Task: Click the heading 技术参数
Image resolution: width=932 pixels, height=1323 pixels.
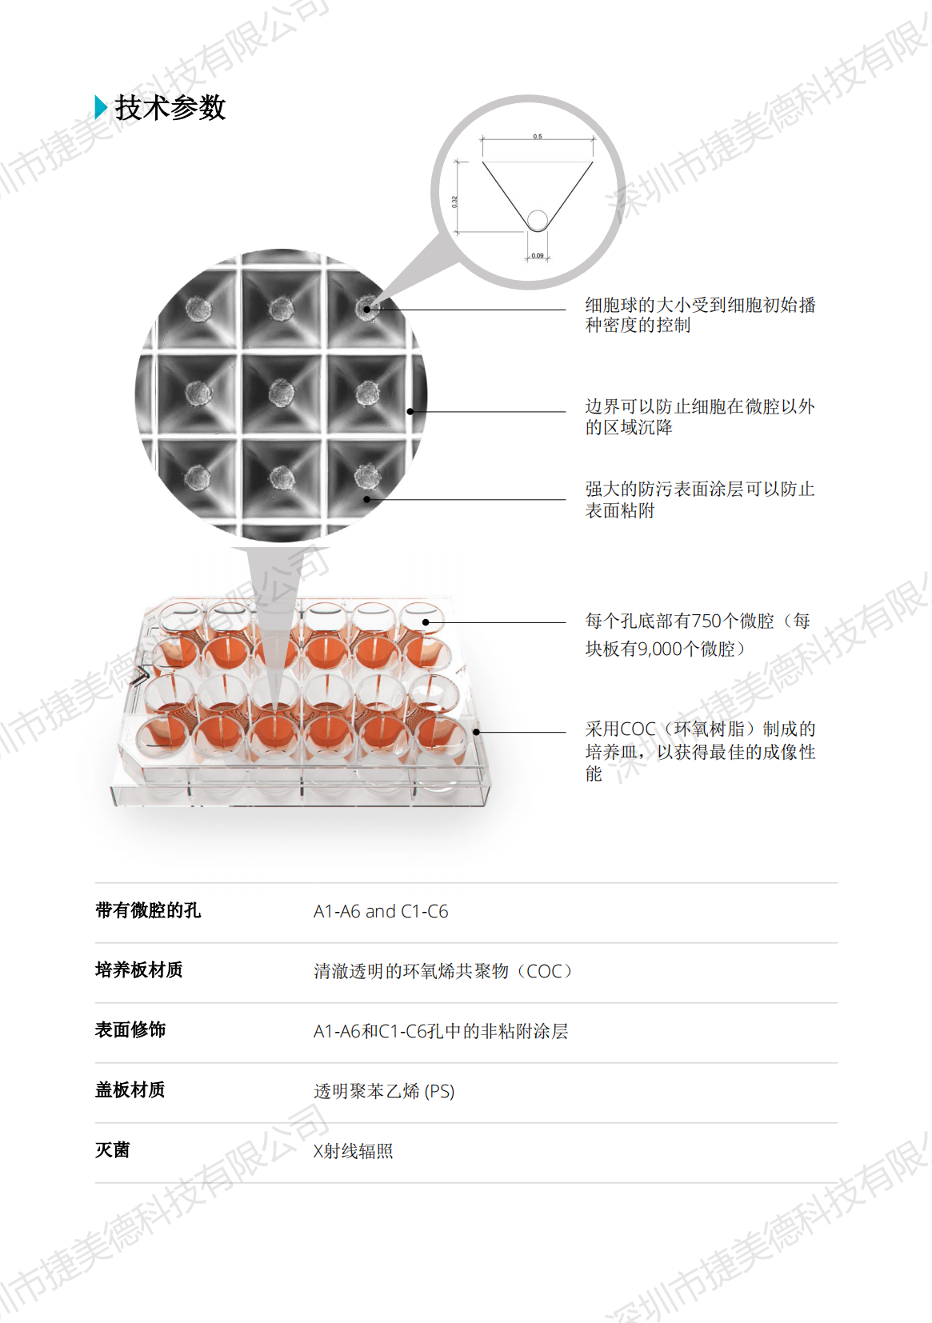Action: click(170, 107)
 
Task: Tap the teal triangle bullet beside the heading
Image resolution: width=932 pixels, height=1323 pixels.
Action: click(101, 107)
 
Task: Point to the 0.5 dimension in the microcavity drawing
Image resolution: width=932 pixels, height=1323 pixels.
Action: click(537, 137)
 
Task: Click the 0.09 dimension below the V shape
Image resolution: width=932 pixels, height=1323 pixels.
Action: click(537, 255)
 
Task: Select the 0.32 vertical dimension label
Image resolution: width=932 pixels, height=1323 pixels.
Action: click(454, 202)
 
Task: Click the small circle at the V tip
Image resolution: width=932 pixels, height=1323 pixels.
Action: click(538, 220)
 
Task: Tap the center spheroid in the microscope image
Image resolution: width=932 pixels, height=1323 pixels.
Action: click(281, 393)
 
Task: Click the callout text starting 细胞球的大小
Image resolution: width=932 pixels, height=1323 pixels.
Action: click(700, 315)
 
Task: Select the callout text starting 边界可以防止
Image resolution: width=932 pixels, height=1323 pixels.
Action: click(700, 417)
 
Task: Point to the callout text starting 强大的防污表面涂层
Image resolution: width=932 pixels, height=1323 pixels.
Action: click(700, 499)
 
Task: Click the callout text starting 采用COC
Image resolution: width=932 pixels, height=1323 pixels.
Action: click(700, 750)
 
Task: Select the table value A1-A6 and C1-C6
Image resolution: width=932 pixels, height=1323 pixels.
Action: click(380, 911)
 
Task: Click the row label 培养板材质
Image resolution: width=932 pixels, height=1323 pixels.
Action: click(138, 969)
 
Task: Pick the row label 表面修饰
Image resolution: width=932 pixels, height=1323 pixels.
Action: click(130, 1029)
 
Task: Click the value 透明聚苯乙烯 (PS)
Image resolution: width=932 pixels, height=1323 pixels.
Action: click(384, 1090)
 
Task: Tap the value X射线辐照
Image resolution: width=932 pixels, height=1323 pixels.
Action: click(353, 1150)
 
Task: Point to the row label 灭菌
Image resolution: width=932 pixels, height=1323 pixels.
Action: click(112, 1149)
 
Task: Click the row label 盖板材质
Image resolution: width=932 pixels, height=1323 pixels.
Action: click(130, 1089)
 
